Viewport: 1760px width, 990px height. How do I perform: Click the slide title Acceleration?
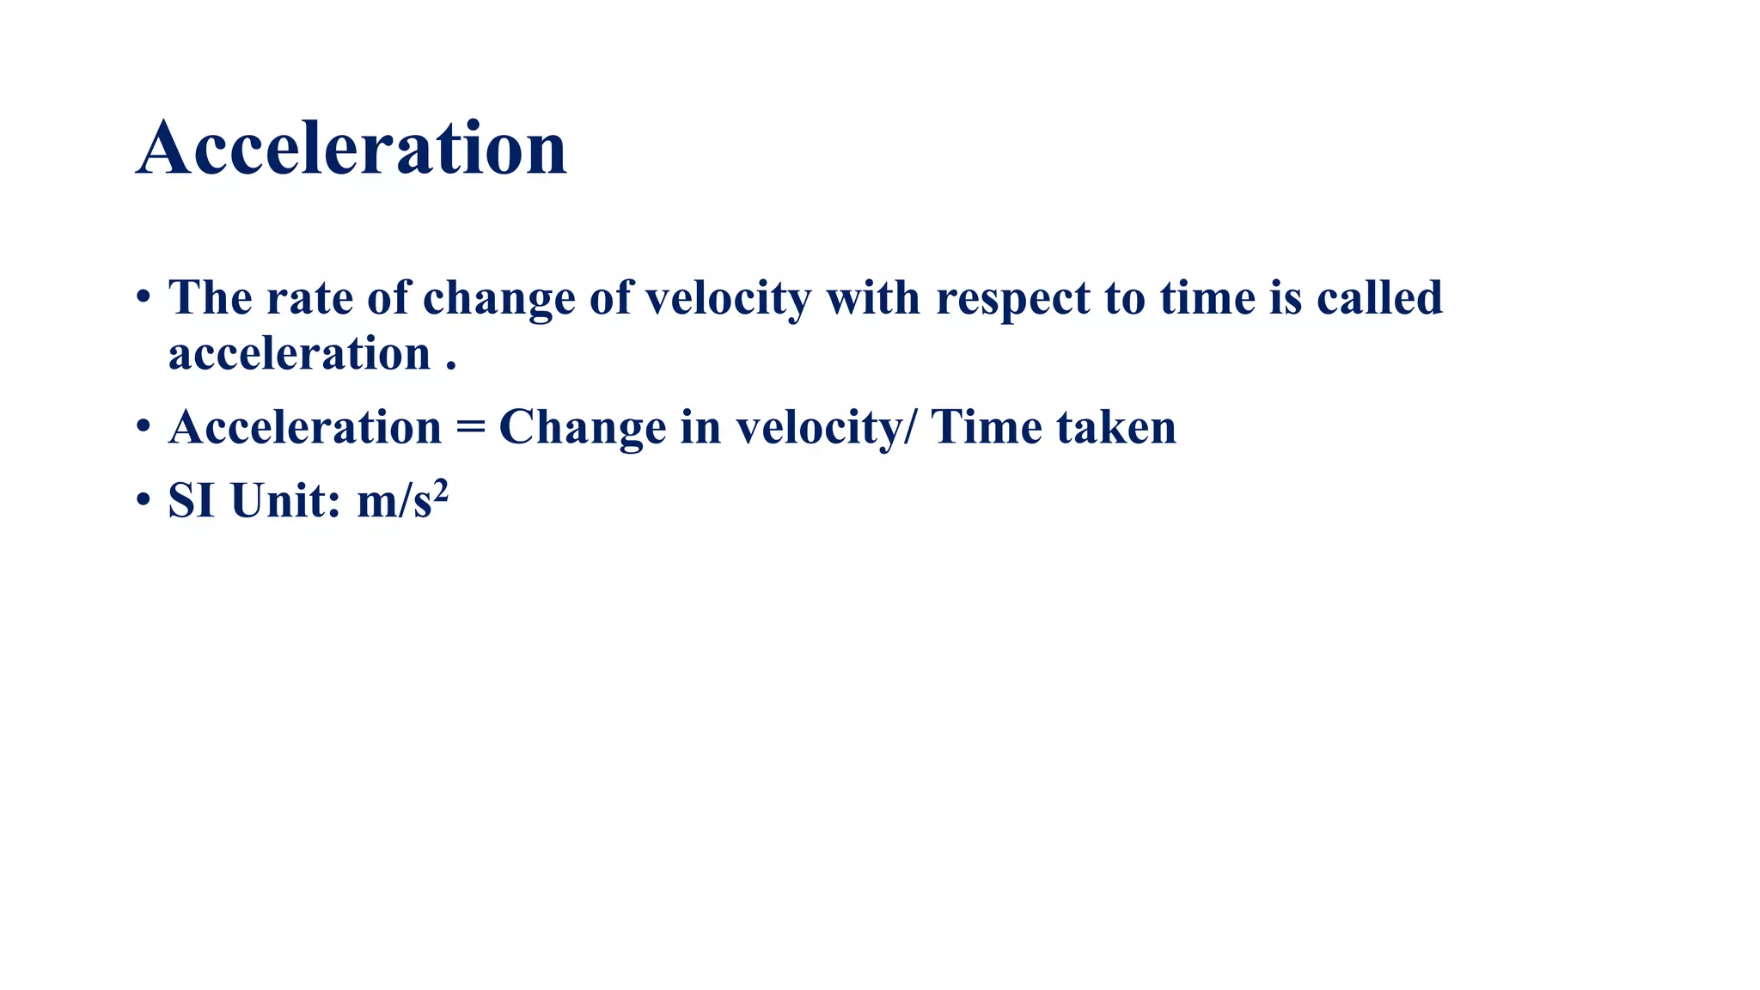point(351,148)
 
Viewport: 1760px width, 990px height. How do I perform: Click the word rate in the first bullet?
point(309,298)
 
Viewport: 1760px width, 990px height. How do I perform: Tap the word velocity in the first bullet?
point(728,298)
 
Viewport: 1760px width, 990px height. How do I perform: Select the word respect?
point(1013,300)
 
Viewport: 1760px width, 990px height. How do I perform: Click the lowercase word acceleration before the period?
point(299,353)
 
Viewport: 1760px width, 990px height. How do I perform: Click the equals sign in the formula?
point(470,427)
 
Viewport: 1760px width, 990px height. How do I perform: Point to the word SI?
point(191,500)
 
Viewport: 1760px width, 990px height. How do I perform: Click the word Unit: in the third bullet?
point(285,500)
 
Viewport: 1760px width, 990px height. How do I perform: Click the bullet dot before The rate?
point(144,297)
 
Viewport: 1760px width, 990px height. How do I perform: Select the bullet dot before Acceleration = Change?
point(144,426)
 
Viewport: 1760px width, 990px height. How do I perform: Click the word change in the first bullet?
point(498,300)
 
